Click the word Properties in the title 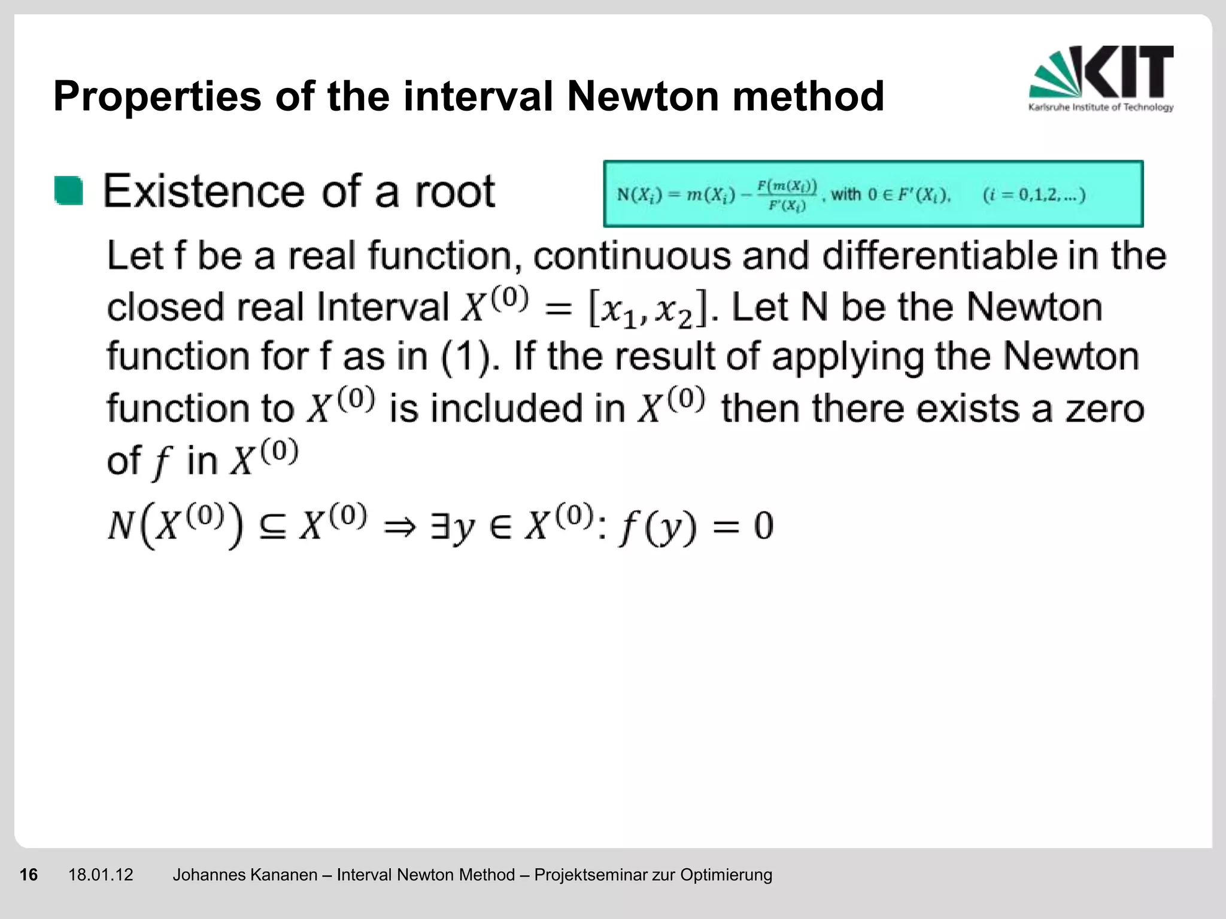click(157, 97)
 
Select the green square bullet click(69, 191)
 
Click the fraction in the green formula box click(787, 195)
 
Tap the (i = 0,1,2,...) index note click(1034, 195)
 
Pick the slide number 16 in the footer click(29, 875)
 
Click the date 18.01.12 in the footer click(101, 875)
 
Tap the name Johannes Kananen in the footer click(245, 875)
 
